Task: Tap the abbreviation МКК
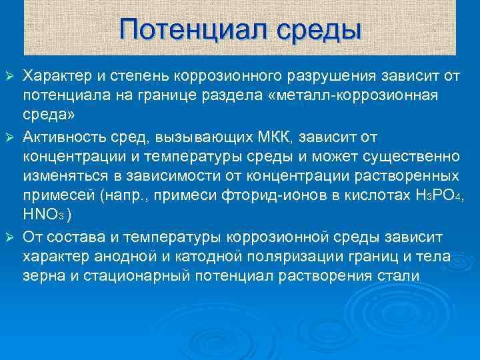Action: coord(276,137)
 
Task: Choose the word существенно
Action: coord(414,157)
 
